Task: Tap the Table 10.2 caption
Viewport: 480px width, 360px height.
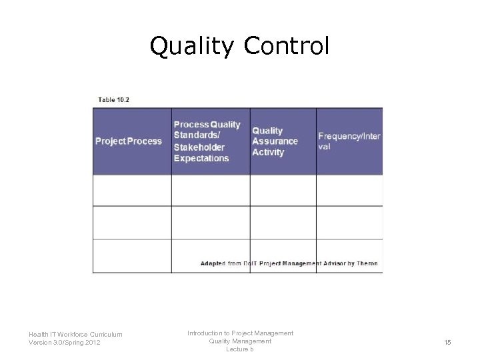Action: (114, 100)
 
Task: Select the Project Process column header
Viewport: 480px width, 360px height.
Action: (129, 141)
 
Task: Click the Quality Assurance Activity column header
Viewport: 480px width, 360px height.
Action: (275, 141)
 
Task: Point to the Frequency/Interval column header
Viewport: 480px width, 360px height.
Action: (349, 141)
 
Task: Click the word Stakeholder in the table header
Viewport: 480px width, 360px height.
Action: (199, 147)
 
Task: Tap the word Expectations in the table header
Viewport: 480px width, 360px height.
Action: (201, 159)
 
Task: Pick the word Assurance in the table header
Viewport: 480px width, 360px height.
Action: (275, 141)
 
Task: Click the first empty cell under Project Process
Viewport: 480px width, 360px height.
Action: (132, 191)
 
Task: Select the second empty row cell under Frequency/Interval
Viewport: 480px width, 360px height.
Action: (349, 223)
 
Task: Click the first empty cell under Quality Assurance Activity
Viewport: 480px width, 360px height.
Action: (283, 191)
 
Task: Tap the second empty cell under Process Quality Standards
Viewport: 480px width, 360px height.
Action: (211, 223)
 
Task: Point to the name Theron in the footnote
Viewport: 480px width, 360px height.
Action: (367, 263)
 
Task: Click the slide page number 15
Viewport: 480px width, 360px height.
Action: (448, 342)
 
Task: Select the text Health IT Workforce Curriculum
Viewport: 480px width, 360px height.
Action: (75, 335)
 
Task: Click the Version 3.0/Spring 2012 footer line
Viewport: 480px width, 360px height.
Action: (65, 343)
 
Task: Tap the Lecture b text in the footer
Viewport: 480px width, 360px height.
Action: (240, 349)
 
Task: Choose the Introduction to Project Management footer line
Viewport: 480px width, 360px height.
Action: (240, 333)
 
